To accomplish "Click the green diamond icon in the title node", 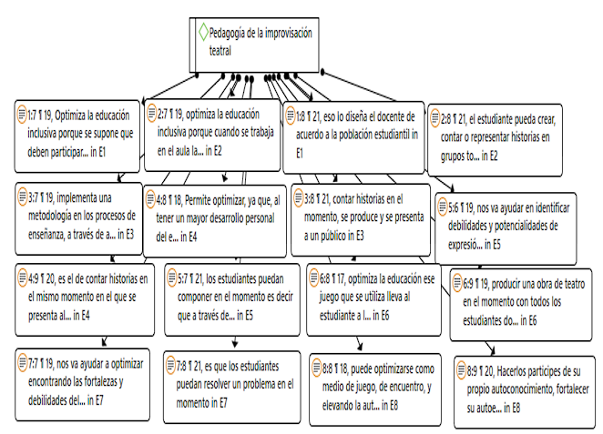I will pos(202,33).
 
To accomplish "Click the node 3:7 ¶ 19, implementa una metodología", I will pos(77,214).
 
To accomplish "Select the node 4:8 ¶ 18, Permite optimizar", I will pos(217,217).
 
